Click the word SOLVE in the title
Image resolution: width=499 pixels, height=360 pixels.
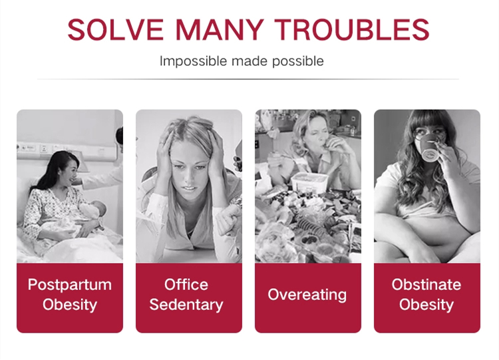[115, 29]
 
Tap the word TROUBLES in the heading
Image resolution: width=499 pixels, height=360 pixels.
[352, 29]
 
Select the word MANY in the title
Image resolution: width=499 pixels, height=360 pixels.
[220, 29]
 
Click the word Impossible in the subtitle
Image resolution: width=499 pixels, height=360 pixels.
[193, 61]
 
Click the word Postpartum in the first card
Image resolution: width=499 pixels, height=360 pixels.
[70, 285]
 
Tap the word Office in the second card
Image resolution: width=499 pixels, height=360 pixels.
[186, 284]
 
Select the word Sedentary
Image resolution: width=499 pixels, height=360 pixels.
[186, 305]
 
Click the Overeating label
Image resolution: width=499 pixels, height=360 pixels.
[307, 295]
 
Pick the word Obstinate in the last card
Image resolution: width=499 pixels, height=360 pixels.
[426, 284]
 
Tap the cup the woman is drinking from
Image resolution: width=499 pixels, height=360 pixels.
[430, 147]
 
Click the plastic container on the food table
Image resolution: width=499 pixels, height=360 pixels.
[309, 182]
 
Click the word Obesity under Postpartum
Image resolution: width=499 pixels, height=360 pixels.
[70, 305]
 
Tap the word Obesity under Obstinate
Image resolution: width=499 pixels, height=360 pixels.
[426, 305]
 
